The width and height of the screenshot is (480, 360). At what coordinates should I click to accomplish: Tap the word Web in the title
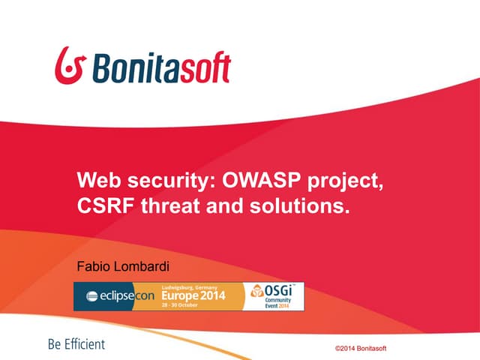coord(98,181)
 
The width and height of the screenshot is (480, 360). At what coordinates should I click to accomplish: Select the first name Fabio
coord(94,266)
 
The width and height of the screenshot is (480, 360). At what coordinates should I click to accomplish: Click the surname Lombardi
coord(145,266)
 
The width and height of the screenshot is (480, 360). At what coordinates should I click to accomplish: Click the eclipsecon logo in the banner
coord(120,296)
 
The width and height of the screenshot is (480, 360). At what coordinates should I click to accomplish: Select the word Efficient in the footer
coord(84,344)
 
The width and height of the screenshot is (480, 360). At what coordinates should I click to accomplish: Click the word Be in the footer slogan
coord(54,344)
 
